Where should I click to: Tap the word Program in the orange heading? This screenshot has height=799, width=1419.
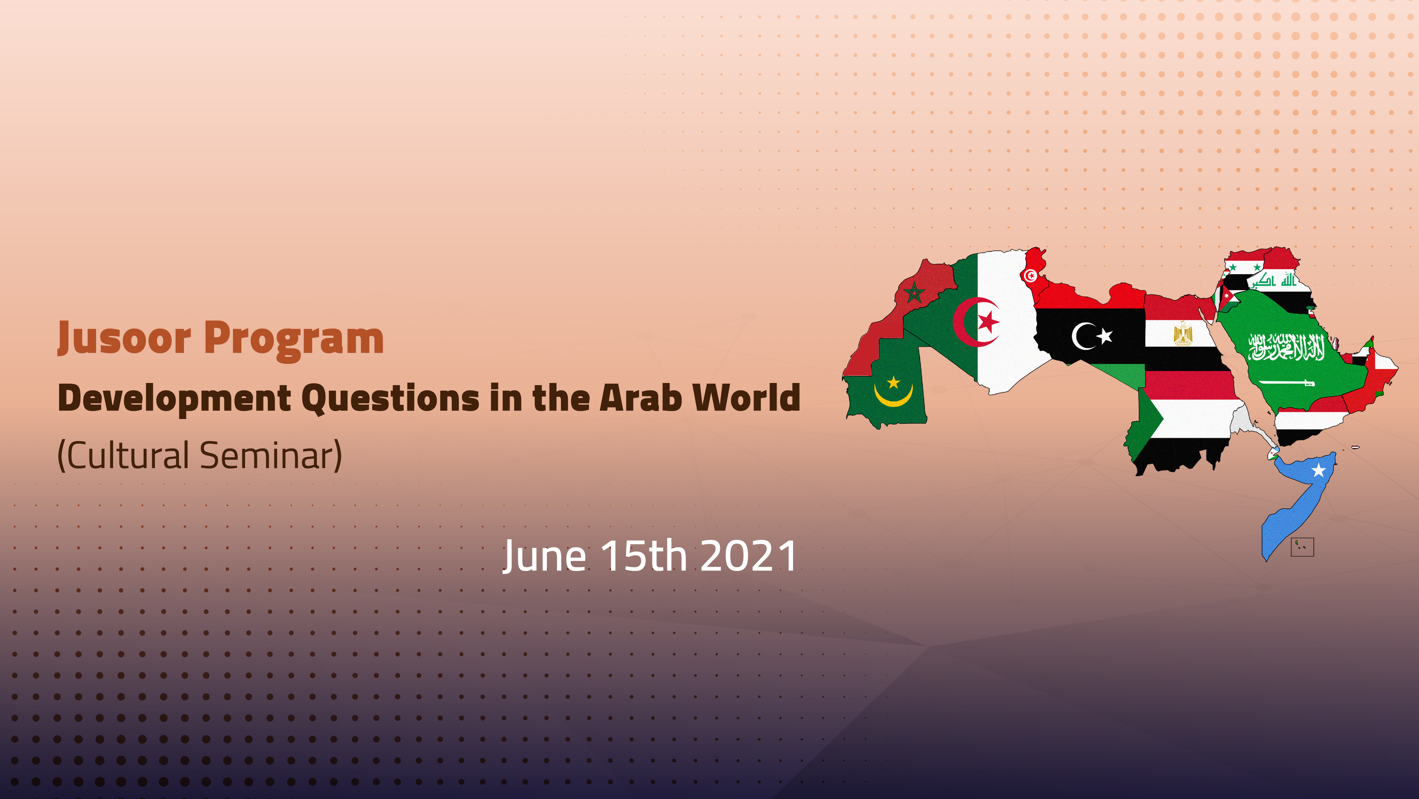click(293, 338)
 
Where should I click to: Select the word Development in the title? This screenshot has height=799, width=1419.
click(175, 398)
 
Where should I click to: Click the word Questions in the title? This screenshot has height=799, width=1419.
click(391, 398)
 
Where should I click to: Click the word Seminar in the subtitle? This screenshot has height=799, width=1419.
click(270, 456)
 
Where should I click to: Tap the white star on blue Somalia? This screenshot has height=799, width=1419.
click(1318, 470)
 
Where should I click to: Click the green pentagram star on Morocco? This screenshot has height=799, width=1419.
click(914, 292)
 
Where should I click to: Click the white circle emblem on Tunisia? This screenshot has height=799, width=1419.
click(1030, 275)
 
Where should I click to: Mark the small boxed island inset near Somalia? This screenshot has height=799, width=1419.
click(1302, 547)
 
